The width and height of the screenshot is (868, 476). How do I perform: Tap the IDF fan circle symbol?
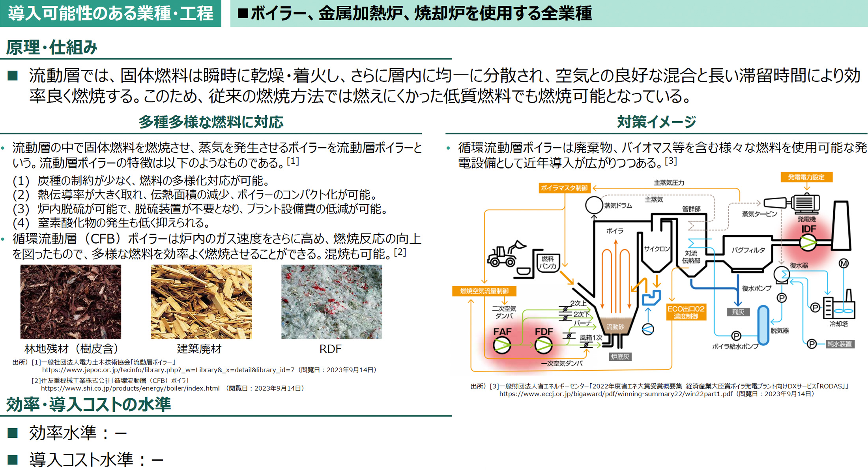coord(808,242)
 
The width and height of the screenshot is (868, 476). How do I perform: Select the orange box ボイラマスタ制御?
coord(564,188)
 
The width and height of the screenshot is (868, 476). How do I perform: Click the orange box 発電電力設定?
coord(806,177)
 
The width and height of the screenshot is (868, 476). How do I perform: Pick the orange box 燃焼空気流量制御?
coord(484,291)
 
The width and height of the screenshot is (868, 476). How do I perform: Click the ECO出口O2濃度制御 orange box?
coord(686,312)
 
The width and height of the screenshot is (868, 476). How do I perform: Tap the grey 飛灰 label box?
coord(738,312)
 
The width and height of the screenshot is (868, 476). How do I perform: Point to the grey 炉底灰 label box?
coord(620,357)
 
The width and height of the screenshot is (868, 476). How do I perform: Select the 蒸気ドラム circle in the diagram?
coord(594,205)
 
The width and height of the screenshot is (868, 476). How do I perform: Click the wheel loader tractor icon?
coord(505,255)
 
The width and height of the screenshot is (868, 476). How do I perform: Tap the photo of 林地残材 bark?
coord(71,302)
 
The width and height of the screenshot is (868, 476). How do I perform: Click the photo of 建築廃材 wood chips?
coord(201,302)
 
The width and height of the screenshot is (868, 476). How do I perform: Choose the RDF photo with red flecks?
coord(331,302)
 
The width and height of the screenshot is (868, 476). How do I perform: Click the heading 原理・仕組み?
coord(52,48)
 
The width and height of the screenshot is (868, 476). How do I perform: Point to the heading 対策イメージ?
coord(656,122)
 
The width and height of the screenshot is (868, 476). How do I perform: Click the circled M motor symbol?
coord(844,263)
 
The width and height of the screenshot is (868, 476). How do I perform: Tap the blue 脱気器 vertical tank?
coord(763,325)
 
